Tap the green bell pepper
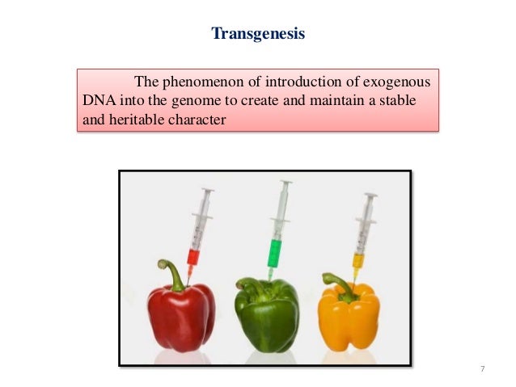[x=267, y=315]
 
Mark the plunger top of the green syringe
[x=284, y=183]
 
